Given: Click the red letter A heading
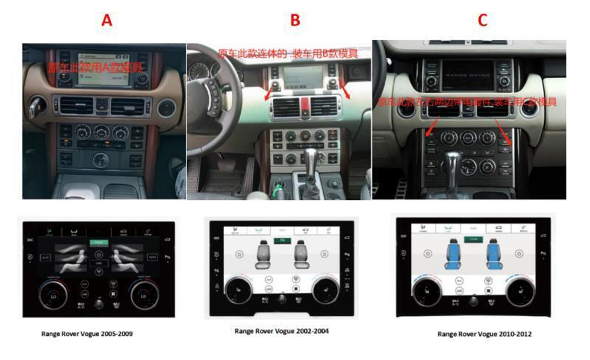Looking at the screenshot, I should [x=106, y=21].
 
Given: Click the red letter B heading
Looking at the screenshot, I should [x=295, y=21].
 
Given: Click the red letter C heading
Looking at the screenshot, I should [x=483, y=21].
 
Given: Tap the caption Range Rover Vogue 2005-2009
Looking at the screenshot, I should [x=87, y=333].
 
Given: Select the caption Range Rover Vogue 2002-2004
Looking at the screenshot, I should [x=281, y=331].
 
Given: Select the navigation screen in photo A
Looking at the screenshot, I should [x=101, y=69].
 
